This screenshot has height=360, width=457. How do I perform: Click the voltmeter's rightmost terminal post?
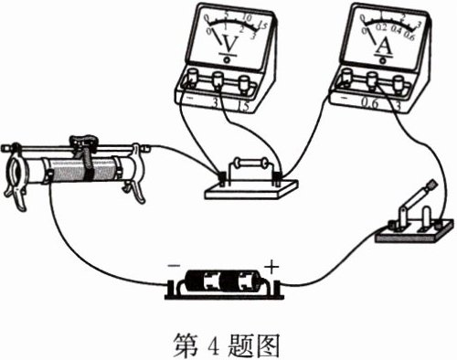(244, 84)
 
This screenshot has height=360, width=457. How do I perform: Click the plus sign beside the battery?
(271, 266)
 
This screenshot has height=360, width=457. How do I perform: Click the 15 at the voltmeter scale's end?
(266, 26)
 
